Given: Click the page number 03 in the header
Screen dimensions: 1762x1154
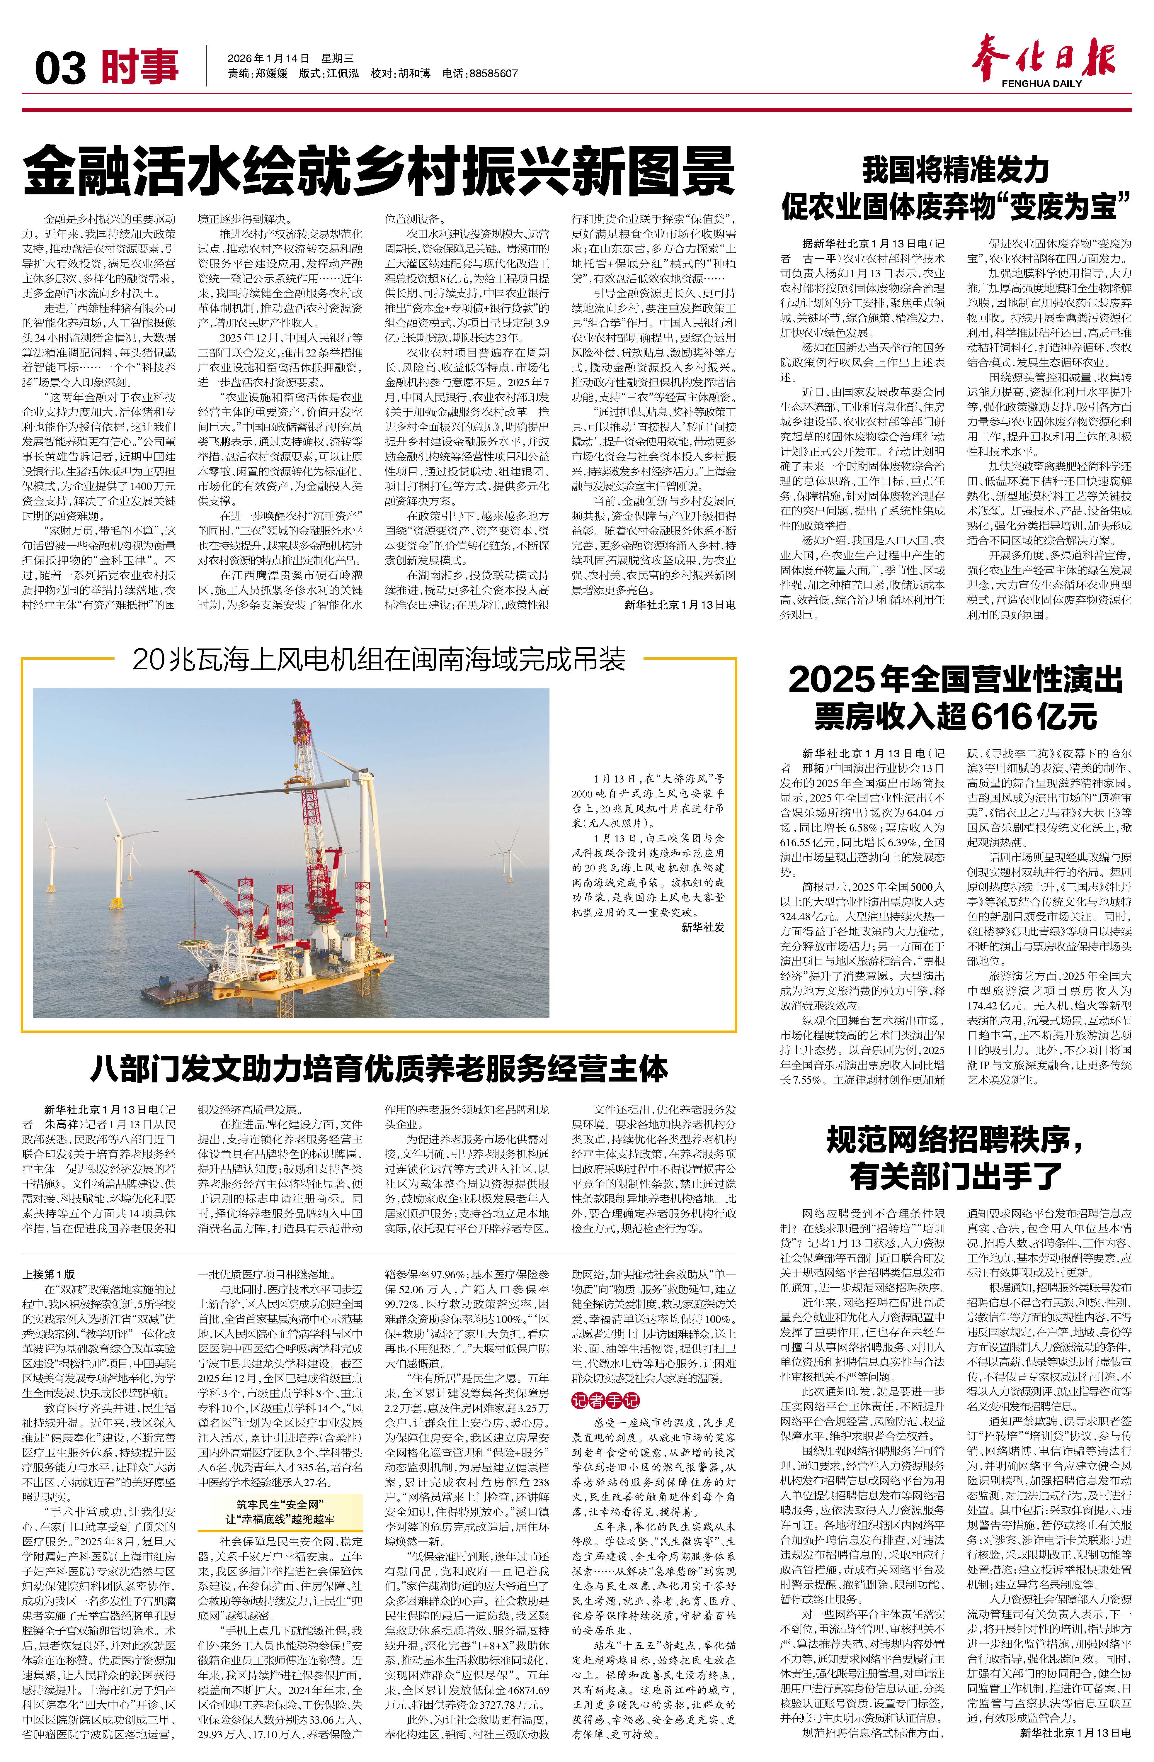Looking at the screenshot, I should click(61, 68).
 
